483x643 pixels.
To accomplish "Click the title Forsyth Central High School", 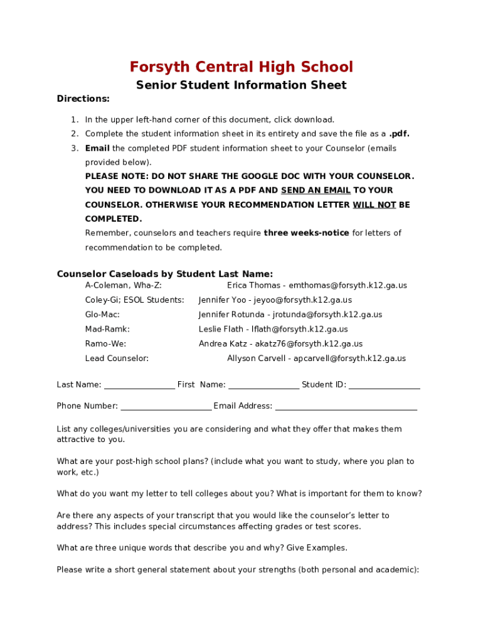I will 241,67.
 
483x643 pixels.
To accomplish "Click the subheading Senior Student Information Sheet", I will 241,85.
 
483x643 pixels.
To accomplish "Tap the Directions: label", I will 83,99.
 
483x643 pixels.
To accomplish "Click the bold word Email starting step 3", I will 97,149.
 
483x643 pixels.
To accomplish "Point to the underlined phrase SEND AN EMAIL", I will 316,190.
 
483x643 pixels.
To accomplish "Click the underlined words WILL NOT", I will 374,205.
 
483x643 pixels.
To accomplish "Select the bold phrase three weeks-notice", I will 306,233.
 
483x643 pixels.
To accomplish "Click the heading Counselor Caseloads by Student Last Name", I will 164,274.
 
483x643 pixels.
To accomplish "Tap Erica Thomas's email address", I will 348,285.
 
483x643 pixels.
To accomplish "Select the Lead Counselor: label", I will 117,359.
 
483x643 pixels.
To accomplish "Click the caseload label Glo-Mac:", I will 102,315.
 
